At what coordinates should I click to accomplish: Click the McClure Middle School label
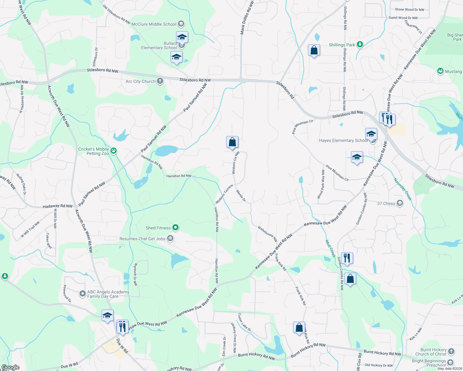pyautogui.click(x=154, y=24)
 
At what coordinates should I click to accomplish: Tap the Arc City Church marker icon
pyautogui.click(x=160, y=81)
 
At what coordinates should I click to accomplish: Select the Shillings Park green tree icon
pyautogui.click(x=360, y=45)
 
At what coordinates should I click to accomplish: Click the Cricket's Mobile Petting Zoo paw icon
pyautogui.click(x=114, y=151)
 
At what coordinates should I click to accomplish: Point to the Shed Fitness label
pyautogui.click(x=158, y=228)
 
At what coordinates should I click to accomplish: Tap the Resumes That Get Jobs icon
pyautogui.click(x=170, y=238)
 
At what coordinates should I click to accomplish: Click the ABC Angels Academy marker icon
pyautogui.click(x=82, y=294)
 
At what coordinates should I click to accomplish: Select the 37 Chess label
pyautogui.click(x=386, y=203)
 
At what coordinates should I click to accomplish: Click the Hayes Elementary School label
pyautogui.click(x=344, y=140)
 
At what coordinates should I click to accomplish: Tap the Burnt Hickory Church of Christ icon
pyautogui.click(x=451, y=352)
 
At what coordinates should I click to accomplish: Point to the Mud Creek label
pyautogui.click(x=331, y=249)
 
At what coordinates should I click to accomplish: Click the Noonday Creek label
pyautogui.click(x=403, y=189)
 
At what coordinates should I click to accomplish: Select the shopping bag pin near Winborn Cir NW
pyautogui.click(x=232, y=143)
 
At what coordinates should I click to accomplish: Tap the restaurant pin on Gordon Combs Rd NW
pyautogui.click(x=347, y=258)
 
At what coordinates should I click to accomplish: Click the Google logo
pyautogui.click(x=11, y=367)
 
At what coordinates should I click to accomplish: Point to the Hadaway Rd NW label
pyautogui.click(x=58, y=206)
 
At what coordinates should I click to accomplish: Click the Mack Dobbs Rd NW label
pyautogui.click(x=247, y=18)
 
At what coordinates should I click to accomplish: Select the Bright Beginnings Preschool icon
pyautogui.click(x=450, y=362)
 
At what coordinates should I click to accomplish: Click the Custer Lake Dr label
pyautogui.click(x=244, y=322)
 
